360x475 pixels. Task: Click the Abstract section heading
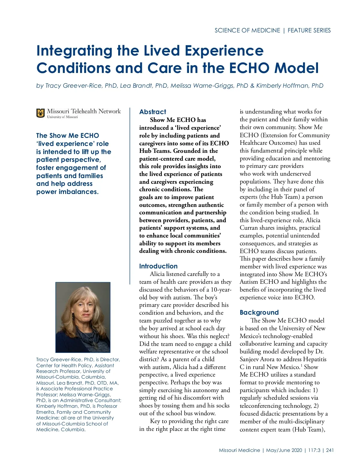(x=152, y=112)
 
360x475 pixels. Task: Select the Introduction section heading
(x=158, y=266)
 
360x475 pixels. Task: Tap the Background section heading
(x=259, y=312)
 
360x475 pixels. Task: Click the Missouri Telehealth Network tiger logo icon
(x=40, y=113)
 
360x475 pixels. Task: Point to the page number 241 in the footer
(x=330, y=450)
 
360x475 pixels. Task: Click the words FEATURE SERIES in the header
(x=309, y=30)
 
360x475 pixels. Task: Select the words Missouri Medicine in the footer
(x=239, y=450)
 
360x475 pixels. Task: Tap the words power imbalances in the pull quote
(x=67, y=192)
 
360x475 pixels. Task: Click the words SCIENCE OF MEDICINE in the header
(x=247, y=30)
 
